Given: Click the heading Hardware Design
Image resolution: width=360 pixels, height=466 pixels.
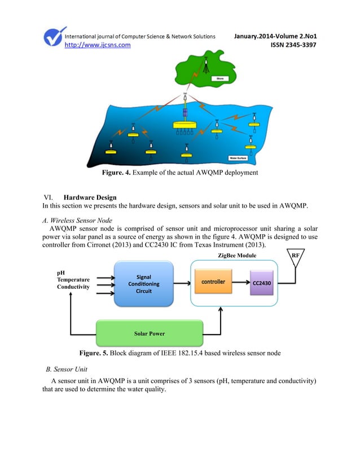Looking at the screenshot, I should click(90, 197).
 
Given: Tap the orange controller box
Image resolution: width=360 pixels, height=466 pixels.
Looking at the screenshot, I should click(213, 282).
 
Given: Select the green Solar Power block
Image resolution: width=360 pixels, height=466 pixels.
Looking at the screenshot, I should click(149, 333).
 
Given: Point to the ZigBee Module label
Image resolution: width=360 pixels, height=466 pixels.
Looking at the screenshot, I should click(236, 256).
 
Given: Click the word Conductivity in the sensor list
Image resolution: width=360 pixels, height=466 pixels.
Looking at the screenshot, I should click(73, 287).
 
